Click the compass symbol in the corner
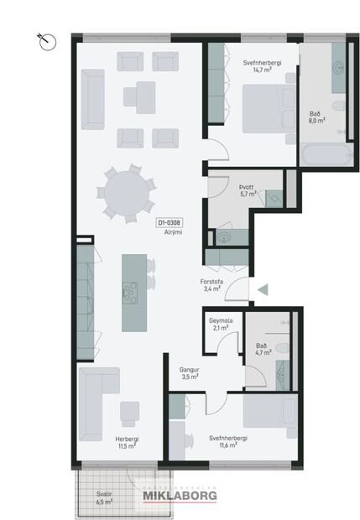coord(47,39)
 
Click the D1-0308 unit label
coord(170,223)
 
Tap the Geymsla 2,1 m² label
coord(222,325)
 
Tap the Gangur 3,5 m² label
coord(188,373)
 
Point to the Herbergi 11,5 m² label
coord(126,443)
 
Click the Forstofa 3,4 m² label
coord(211,285)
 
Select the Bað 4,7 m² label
coord(262,350)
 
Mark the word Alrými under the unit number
coord(173,232)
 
